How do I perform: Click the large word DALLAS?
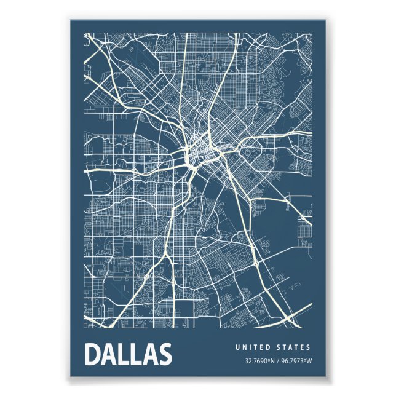click(128, 355)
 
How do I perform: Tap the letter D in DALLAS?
click(93, 355)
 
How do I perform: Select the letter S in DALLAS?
click(163, 355)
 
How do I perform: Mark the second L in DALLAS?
click(135, 355)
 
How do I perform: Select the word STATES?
click(295, 347)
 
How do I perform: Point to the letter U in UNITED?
click(237, 347)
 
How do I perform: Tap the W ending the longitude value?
click(309, 361)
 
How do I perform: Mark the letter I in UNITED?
click(250, 347)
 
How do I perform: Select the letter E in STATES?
click(303, 347)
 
